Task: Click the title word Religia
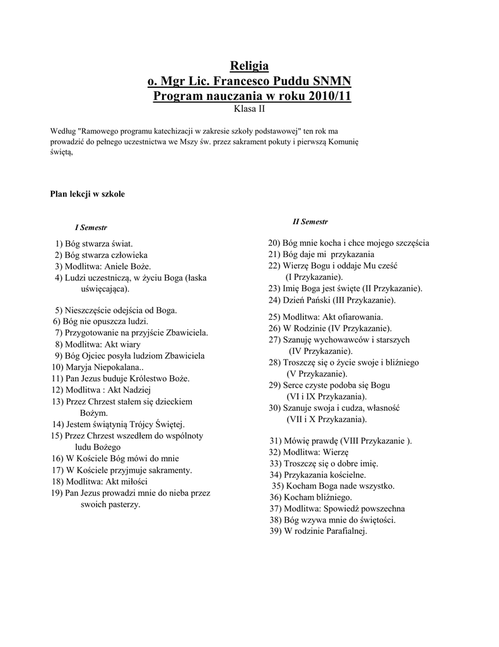pyautogui.click(x=249, y=66)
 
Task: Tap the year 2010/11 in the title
pyautogui.click(x=330, y=97)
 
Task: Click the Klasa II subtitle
pyautogui.click(x=249, y=109)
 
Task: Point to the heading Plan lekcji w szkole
pyautogui.click(x=88, y=194)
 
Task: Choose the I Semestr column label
pyautogui.click(x=91, y=227)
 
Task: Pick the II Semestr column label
pyautogui.click(x=310, y=222)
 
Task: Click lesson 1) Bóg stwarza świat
pyautogui.click(x=95, y=243)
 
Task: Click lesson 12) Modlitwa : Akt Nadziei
pyautogui.click(x=102, y=390)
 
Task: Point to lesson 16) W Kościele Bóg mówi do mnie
pyautogui.click(x=114, y=458)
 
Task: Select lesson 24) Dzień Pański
pyautogui.click(x=332, y=299)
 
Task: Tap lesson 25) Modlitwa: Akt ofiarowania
pyautogui.click(x=326, y=317)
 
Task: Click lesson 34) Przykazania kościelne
pyautogui.click(x=317, y=475)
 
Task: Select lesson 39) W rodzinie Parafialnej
pyautogui.click(x=317, y=531)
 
